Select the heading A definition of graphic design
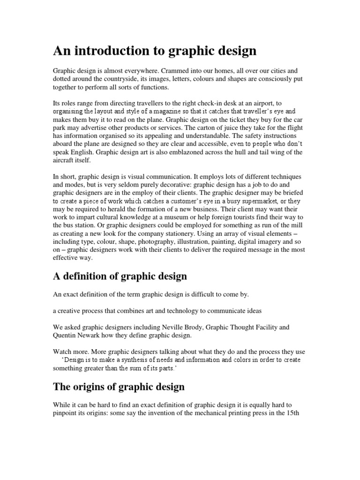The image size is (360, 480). click(x=120, y=276)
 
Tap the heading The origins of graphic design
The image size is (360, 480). click(x=119, y=387)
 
